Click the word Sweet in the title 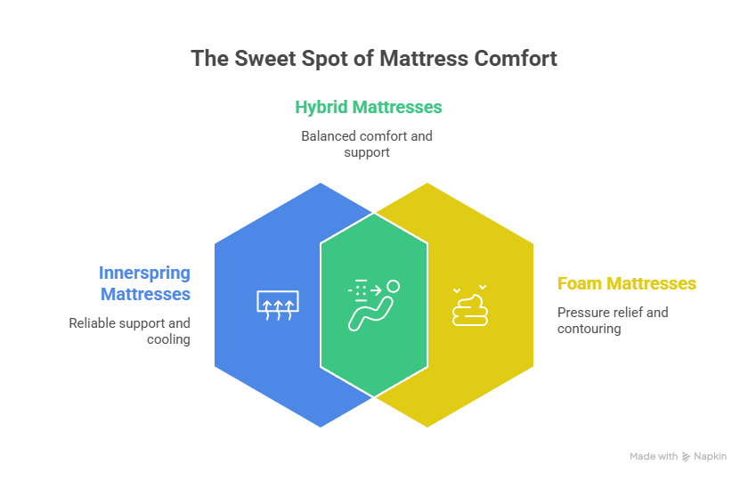click(258, 59)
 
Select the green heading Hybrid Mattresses click(369, 108)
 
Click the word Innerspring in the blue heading click(144, 273)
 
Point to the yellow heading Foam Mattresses click(627, 284)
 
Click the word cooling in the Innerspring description click(168, 339)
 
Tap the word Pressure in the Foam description click(580, 313)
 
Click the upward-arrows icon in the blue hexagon click(279, 305)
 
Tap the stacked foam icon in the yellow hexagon click(468, 306)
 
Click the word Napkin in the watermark click(711, 456)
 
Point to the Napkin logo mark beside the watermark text click(687, 456)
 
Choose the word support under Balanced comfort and click(367, 152)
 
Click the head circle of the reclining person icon click(393, 287)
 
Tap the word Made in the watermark click(642, 456)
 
